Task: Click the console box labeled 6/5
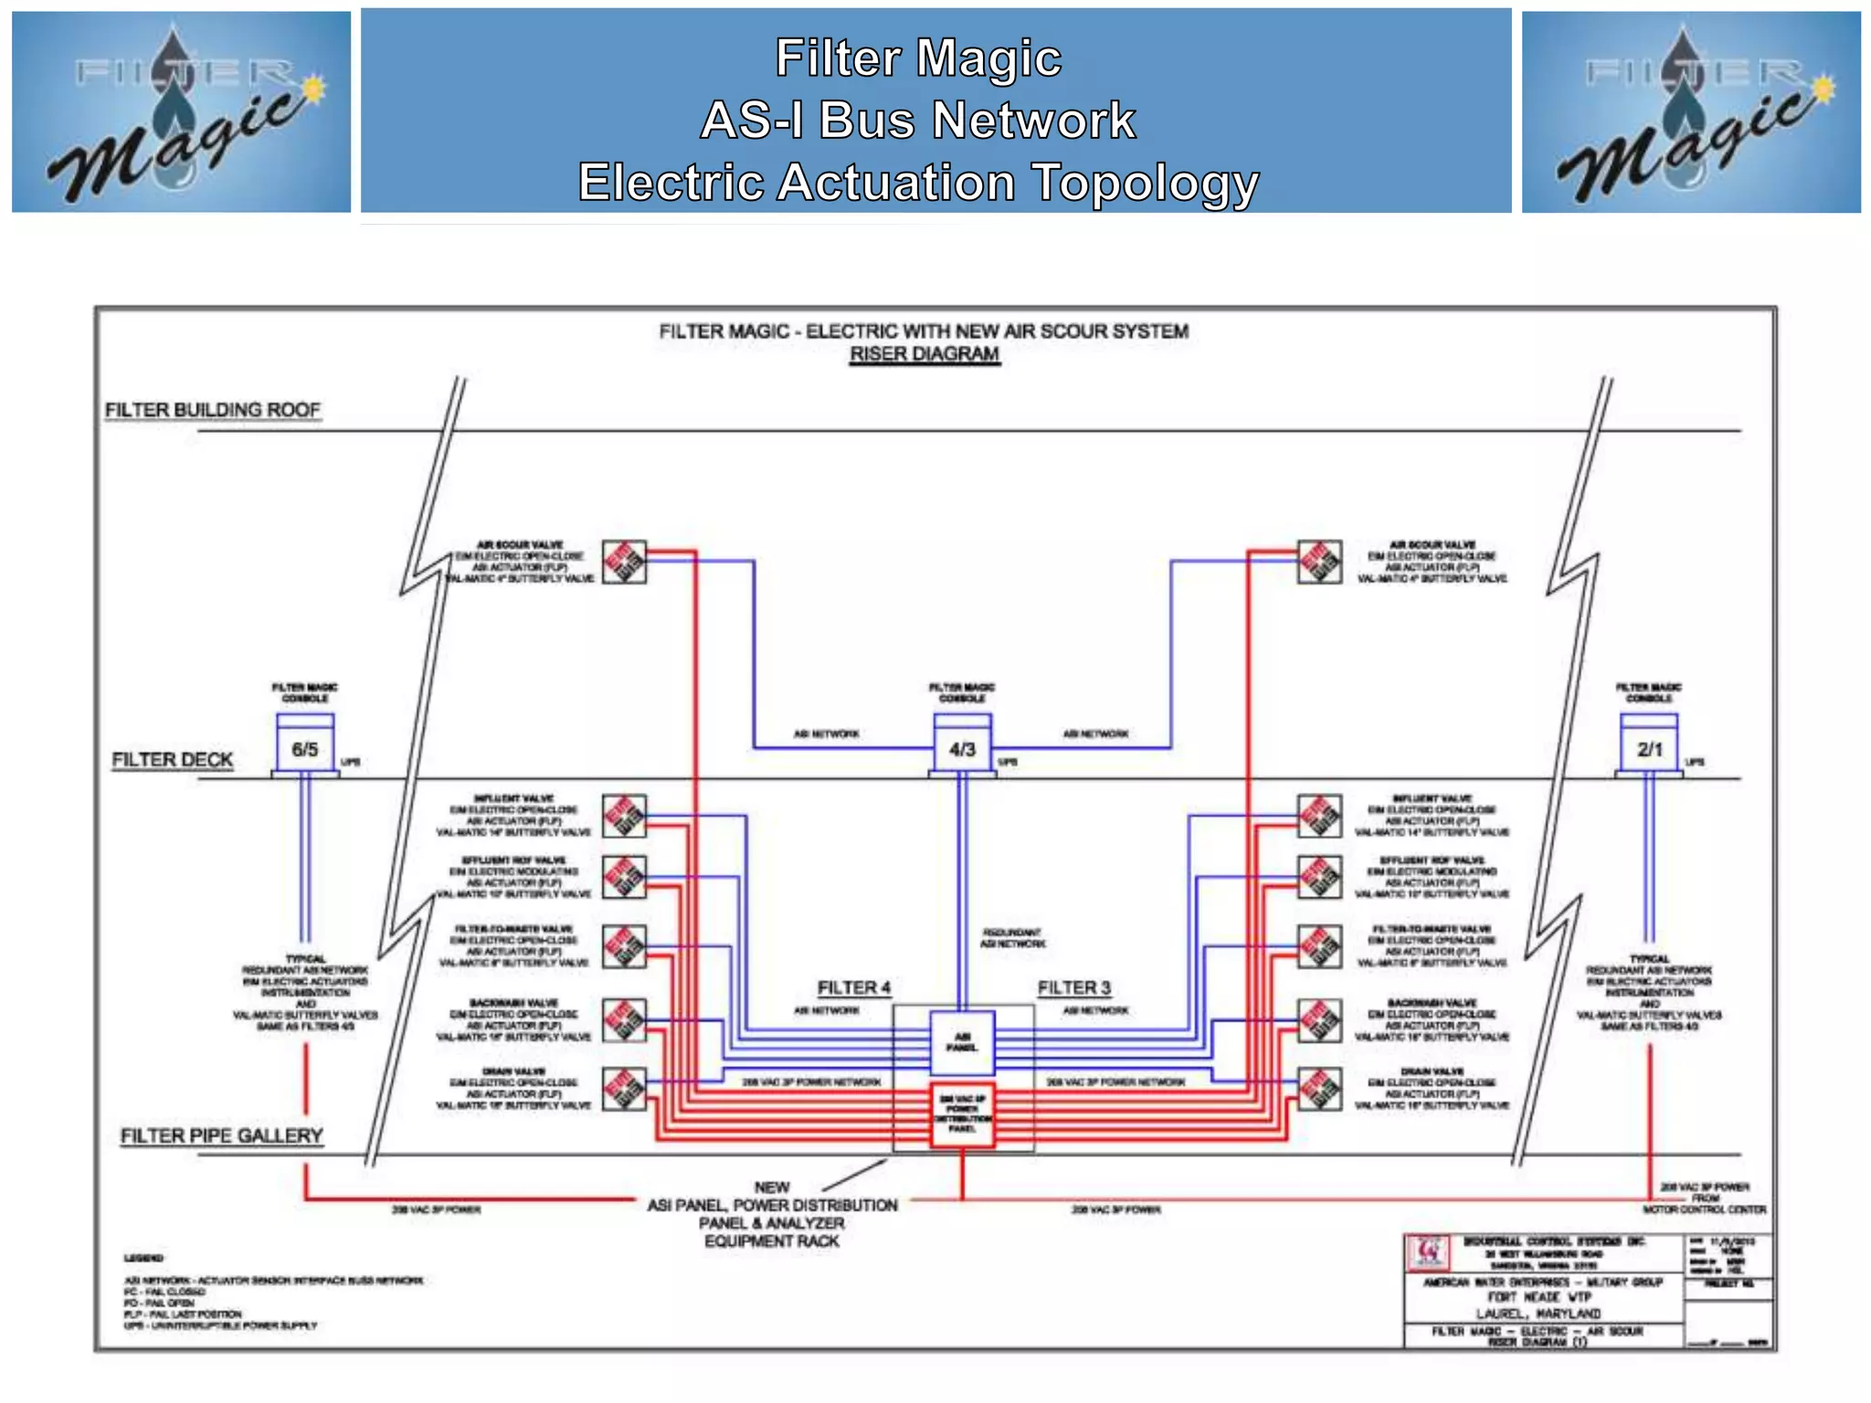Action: [304, 748]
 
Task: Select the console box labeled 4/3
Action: [962, 748]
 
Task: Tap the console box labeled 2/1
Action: [1649, 748]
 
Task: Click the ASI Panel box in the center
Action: [962, 1041]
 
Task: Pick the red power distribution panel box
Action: [962, 1114]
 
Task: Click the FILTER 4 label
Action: [853, 987]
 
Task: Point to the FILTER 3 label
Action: [1073, 987]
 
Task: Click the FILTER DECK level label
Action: [172, 760]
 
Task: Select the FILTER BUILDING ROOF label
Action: [213, 409]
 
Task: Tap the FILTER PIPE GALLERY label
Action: [222, 1135]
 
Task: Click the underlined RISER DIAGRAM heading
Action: [924, 354]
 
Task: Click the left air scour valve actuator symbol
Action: [624, 562]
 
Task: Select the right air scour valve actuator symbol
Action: [1319, 562]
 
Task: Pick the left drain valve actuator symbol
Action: [624, 1088]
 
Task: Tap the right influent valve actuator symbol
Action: [1319, 816]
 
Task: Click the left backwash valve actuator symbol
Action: [624, 1019]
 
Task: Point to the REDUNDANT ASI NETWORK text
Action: [1012, 938]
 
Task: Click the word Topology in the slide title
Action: [1145, 183]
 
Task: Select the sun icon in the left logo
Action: [315, 89]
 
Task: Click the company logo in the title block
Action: [1430, 1252]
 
